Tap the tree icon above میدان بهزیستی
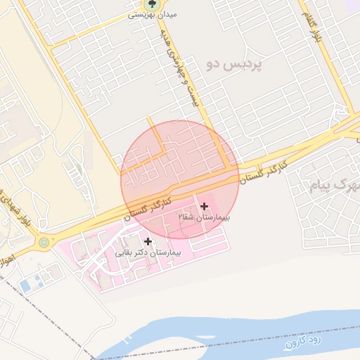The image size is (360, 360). click(x=150, y=4)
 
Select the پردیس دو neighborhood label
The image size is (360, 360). click(x=233, y=64)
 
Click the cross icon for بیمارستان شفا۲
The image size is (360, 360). click(x=204, y=206)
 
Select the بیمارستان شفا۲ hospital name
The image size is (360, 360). click(x=204, y=218)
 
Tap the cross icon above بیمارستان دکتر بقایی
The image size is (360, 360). click(x=148, y=241)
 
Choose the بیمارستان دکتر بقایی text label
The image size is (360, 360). click(x=147, y=252)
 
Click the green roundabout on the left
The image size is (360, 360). click(x=45, y=243)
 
